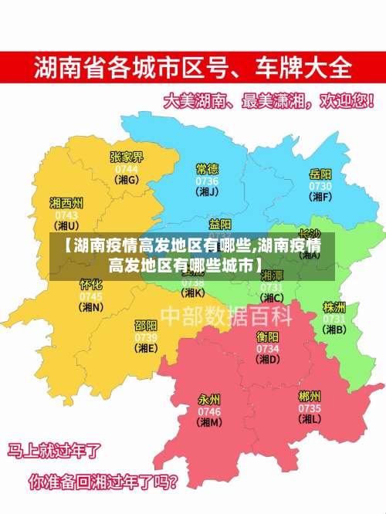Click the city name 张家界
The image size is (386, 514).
click(127, 157)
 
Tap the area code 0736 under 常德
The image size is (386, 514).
click(207, 181)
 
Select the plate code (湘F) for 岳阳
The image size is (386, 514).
click(320, 197)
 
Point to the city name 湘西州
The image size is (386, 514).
click(66, 203)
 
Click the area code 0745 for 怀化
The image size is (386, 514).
click(91, 296)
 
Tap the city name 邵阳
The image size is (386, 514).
click(146, 326)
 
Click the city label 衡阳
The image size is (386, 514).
click(268, 336)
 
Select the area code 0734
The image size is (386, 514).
click(268, 348)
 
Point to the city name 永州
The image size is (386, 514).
click(210, 400)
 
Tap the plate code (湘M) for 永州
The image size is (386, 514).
click(210, 422)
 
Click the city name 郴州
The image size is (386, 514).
click(310, 397)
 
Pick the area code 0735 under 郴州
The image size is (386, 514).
click(310, 408)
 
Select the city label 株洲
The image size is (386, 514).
click(334, 307)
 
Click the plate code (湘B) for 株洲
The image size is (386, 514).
click(334, 330)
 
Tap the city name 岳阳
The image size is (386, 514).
click(320, 174)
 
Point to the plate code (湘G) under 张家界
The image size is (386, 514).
click(127, 180)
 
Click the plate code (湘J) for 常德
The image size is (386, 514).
click(207, 192)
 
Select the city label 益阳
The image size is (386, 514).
click(220, 225)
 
